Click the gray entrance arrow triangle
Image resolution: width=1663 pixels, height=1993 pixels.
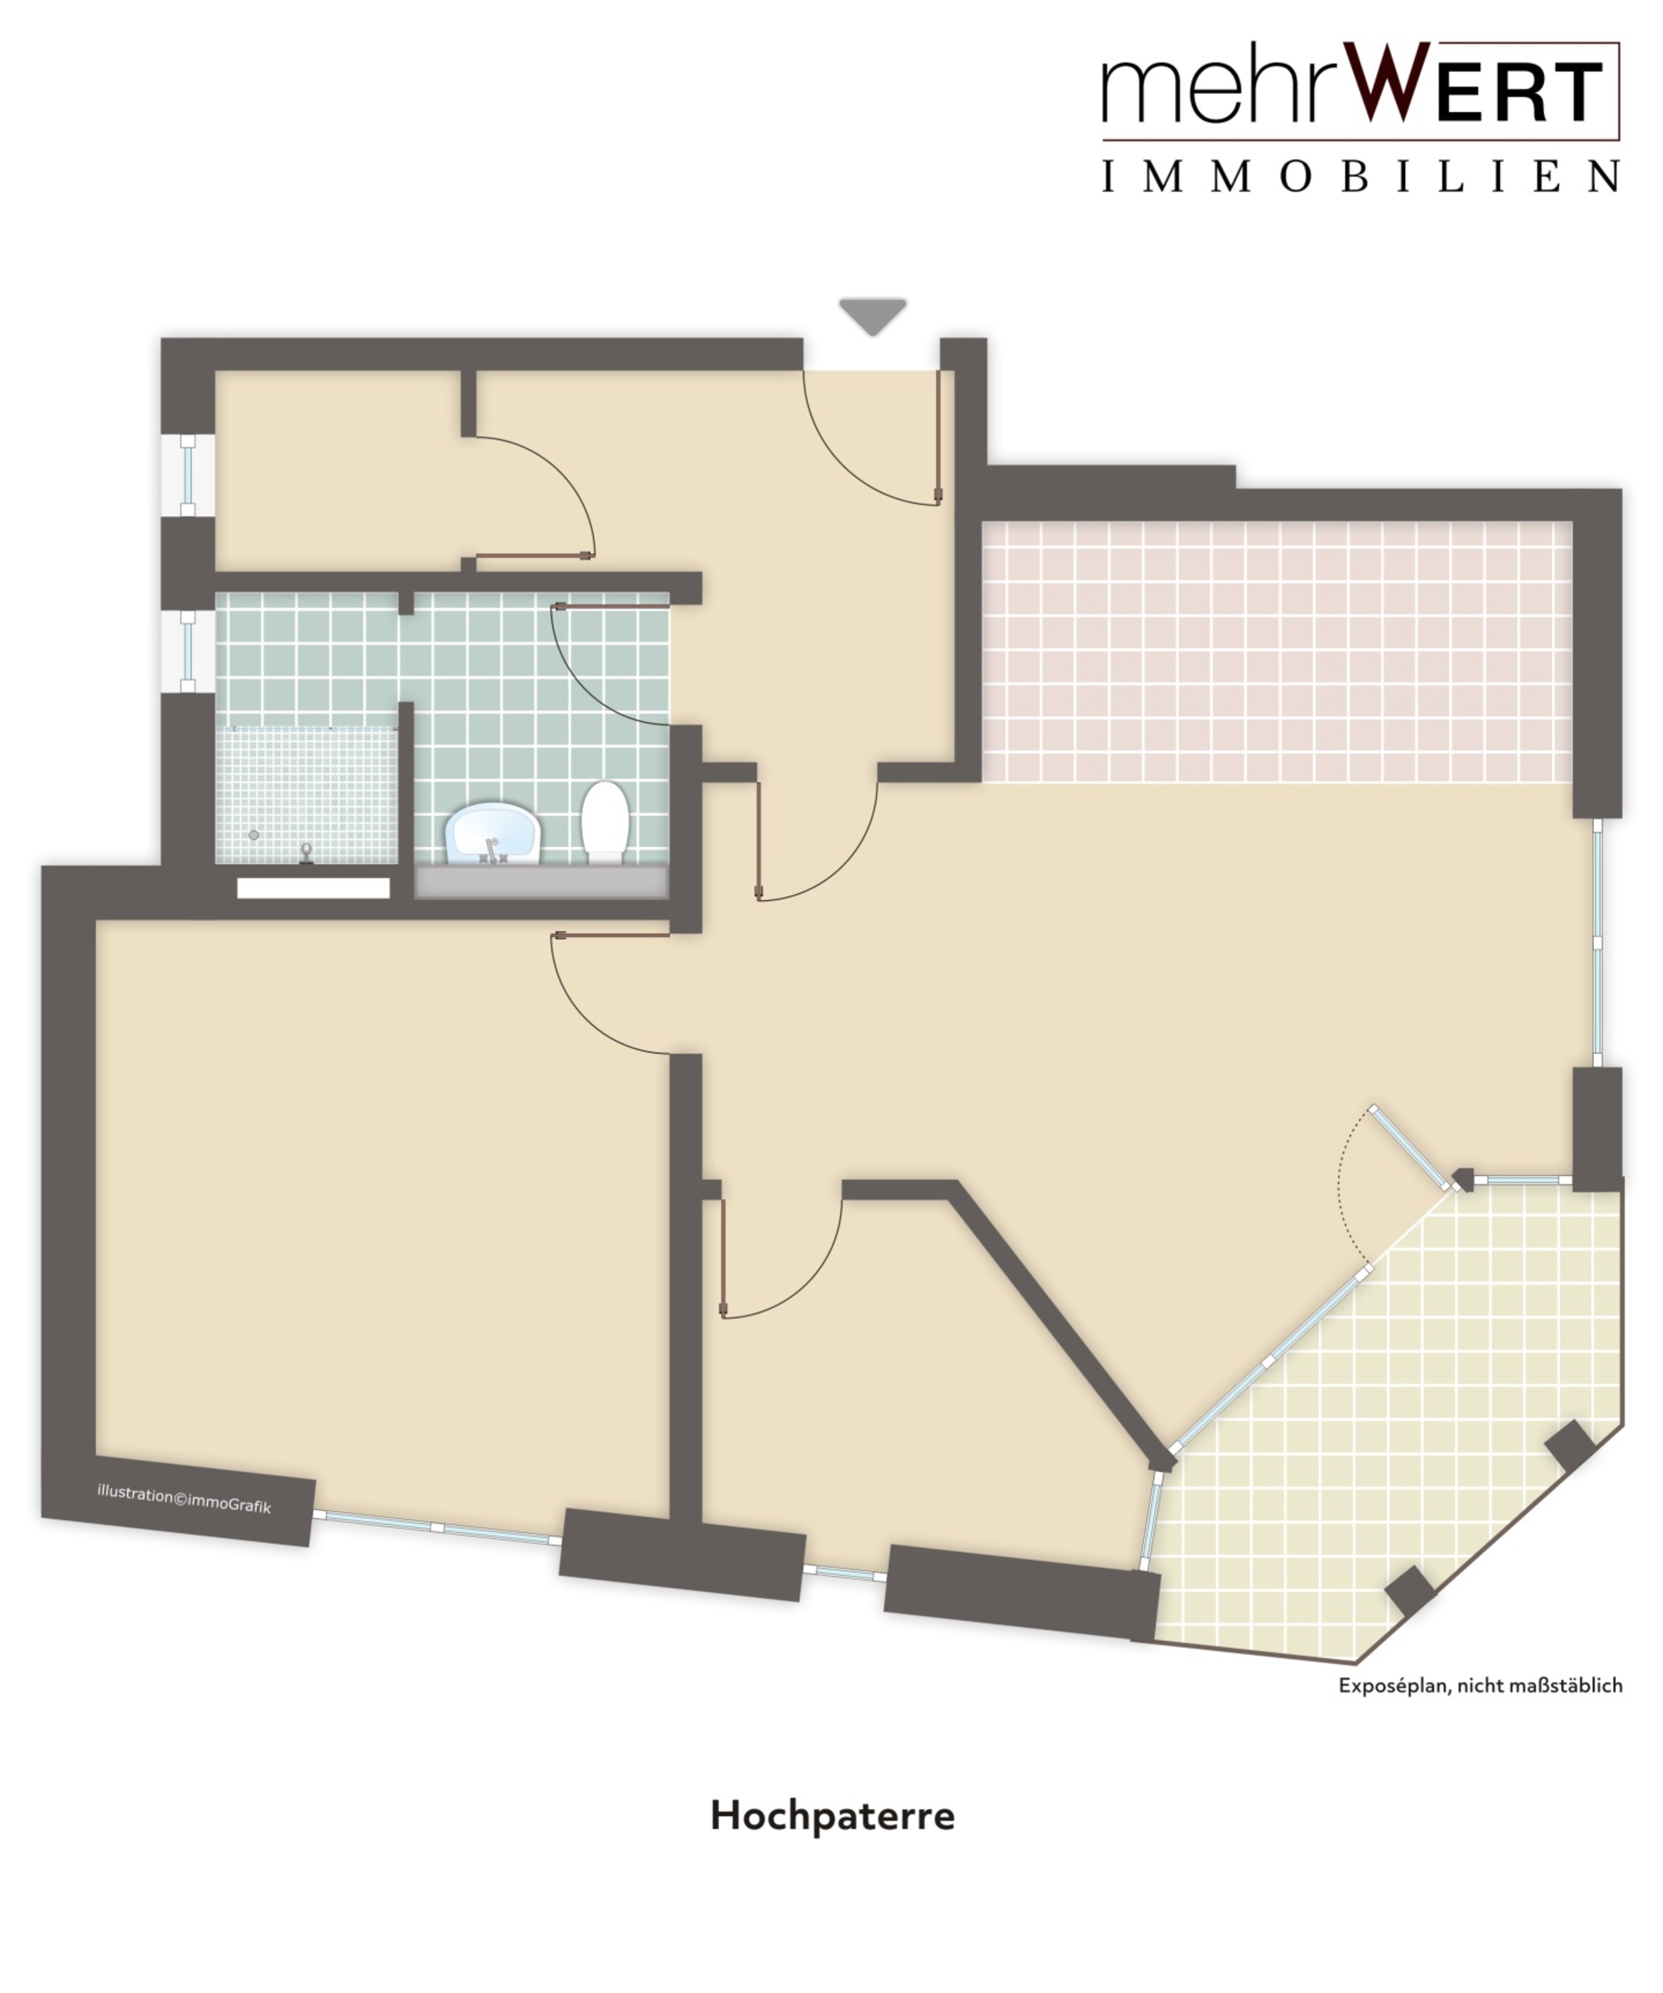click(872, 315)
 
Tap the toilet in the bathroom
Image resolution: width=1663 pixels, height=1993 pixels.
click(606, 822)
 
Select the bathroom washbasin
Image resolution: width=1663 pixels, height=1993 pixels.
click(493, 833)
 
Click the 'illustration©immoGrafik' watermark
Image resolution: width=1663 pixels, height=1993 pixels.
click(184, 1500)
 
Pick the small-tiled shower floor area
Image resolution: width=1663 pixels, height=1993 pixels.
click(306, 795)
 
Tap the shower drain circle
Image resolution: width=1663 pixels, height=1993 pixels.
click(253, 835)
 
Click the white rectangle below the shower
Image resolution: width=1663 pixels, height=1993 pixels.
click(313, 888)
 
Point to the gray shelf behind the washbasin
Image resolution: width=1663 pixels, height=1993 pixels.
click(542, 882)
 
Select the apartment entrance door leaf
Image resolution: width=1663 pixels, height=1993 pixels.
click(938, 436)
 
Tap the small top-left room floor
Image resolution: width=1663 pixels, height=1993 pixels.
click(337, 470)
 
